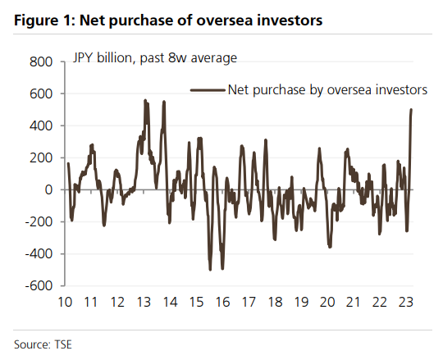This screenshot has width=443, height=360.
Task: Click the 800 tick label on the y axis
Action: click(x=41, y=62)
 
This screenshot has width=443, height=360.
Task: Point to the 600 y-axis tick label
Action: click(x=41, y=93)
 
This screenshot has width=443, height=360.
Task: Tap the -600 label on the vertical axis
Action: click(x=39, y=285)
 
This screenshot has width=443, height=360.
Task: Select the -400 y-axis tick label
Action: click(x=39, y=254)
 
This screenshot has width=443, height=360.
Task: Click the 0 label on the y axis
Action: click(x=49, y=189)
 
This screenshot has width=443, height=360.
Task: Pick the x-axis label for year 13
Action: click(x=144, y=302)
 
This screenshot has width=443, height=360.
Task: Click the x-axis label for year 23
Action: click(x=406, y=302)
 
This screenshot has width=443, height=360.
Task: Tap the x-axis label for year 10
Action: click(x=65, y=302)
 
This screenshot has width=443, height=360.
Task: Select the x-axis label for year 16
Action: click(x=222, y=302)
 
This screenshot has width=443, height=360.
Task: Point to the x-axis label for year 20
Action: click(x=327, y=302)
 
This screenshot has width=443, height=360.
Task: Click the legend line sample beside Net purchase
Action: click(x=208, y=90)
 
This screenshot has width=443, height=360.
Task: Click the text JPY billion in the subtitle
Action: click(x=103, y=58)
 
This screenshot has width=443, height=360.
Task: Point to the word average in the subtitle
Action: click(x=214, y=58)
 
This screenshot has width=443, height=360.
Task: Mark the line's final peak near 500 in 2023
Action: click(x=411, y=110)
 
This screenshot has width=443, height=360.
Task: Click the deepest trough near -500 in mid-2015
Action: click(x=210, y=270)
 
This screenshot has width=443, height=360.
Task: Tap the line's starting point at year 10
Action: click(x=68, y=163)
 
